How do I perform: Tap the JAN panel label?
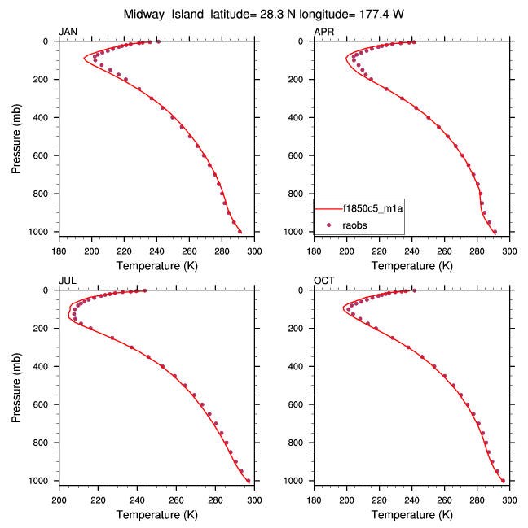point(68,32)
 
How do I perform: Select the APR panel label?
point(324,32)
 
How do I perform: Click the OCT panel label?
point(324,281)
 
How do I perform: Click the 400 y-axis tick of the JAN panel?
point(45,117)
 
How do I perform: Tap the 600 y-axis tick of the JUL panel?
point(45,404)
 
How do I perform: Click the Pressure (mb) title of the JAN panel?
point(17,137)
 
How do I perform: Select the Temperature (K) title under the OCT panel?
point(411,514)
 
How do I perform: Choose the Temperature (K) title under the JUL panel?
point(155,514)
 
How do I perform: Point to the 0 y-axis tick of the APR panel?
point(308,41)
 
